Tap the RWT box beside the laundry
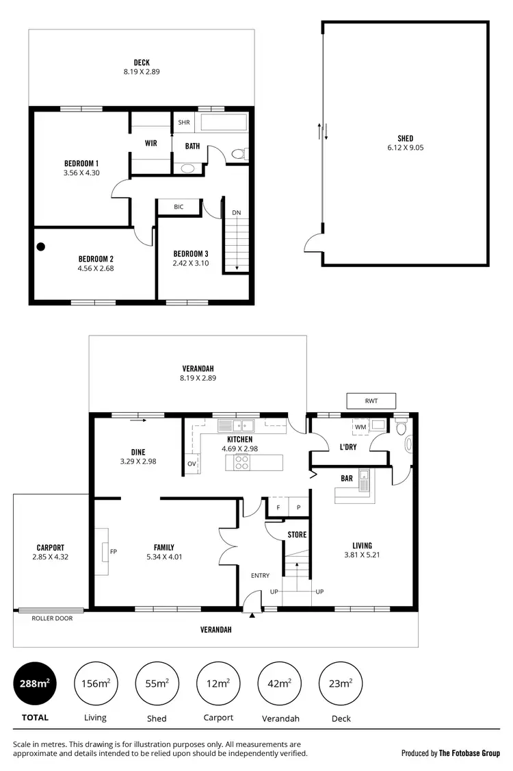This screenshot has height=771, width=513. pyautogui.click(x=371, y=401)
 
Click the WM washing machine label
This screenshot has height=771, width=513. pyautogui.click(x=360, y=427)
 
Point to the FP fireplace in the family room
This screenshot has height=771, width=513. pyautogui.click(x=113, y=551)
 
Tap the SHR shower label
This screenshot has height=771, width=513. pyautogui.click(x=183, y=123)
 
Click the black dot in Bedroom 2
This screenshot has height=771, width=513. pyautogui.click(x=41, y=247)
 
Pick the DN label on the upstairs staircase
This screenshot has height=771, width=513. pyautogui.click(x=236, y=213)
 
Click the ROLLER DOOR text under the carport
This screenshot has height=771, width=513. pyautogui.click(x=52, y=618)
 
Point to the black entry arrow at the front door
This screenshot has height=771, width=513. pyautogui.click(x=252, y=616)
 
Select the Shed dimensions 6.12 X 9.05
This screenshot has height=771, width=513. pyautogui.click(x=405, y=147)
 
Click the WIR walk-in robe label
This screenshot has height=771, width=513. pyautogui.click(x=151, y=144)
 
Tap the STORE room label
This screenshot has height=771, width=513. pyautogui.click(x=297, y=534)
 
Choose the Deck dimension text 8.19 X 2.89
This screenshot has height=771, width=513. pyautogui.click(x=142, y=71)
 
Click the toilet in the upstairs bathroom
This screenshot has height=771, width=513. pyautogui.click(x=239, y=154)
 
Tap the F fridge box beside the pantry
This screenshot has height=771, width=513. pyautogui.click(x=278, y=507)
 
